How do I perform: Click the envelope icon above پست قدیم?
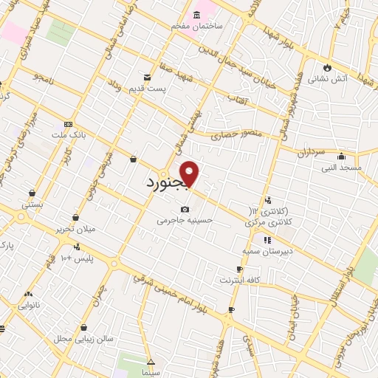point(148,77)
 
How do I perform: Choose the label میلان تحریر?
point(76,229)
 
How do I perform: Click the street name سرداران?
point(311,152)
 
